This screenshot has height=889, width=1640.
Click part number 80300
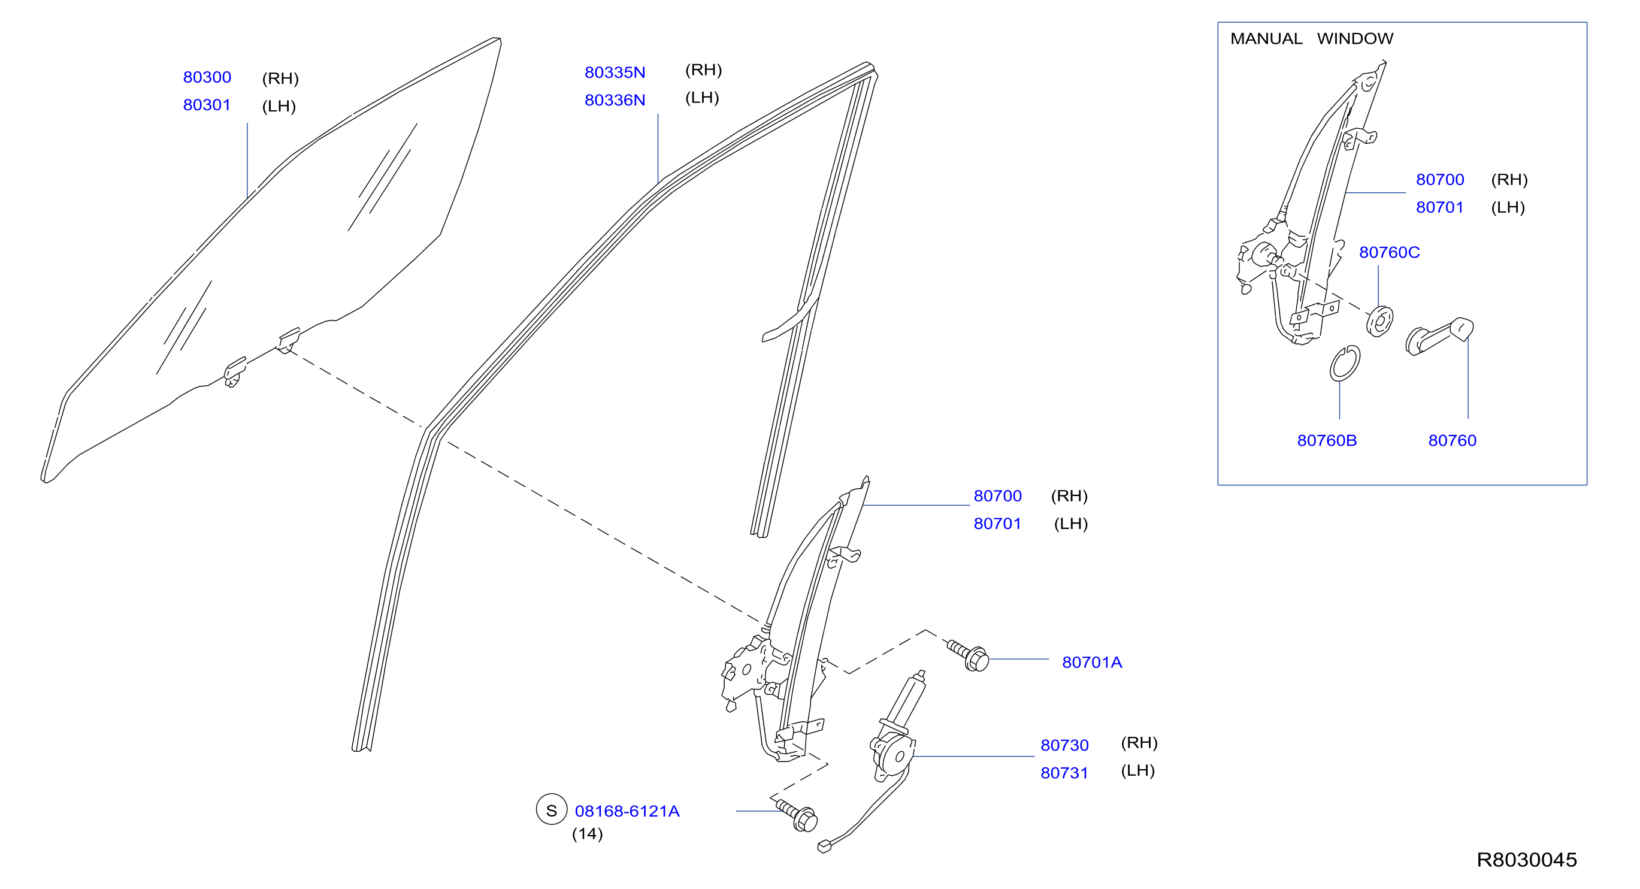pyautogui.click(x=207, y=77)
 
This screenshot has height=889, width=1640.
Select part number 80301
pyautogui.click(x=207, y=105)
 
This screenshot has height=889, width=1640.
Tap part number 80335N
pyautogui.click(x=615, y=72)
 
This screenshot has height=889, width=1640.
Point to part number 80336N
pyautogui.click(x=615, y=100)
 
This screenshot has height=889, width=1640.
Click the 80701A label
pyautogui.click(x=1092, y=663)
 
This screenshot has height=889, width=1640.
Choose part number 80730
pyautogui.click(x=1064, y=745)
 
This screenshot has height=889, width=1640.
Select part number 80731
pyautogui.click(x=1064, y=773)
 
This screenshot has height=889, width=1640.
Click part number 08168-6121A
pyautogui.click(x=627, y=811)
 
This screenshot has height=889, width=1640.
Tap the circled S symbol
pyautogui.click(x=551, y=809)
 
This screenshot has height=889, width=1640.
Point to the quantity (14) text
pyautogui.click(x=587, y=834)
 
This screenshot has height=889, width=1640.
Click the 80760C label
pyautogui.click(x=1389, y=252)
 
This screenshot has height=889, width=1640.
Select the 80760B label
pyautogui.click(x=1327, y=441)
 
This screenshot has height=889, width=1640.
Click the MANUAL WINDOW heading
pyautogui.click(x=1312, y=39)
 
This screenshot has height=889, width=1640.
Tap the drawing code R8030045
pyautogui.click(x=1527, y=860)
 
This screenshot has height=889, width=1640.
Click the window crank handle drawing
pyautogui.click(x=1439, y=335)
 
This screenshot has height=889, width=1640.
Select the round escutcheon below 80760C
pyautogui.click(x=1379, y=321)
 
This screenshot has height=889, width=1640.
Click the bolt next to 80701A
pyautogui.click(x=969, y=655)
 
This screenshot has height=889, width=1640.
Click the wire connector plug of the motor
pyautogui.click(x=824, y=846)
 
